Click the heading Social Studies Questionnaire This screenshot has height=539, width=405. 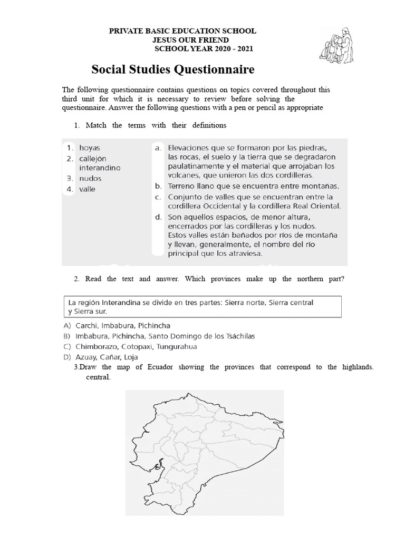pos(173,69)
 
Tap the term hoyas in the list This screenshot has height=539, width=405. pos(90,148)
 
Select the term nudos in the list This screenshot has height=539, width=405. pos(91,178)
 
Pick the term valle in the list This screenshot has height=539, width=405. pos(88,189)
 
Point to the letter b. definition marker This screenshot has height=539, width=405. pos(158,186)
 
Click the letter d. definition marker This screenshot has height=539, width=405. pos(158,216)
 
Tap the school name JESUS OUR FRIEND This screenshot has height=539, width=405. pos(190,40)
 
